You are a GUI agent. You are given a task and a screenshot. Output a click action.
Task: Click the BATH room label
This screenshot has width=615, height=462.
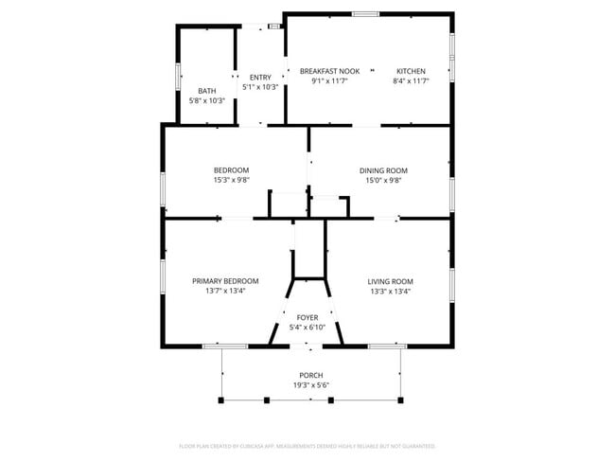[206, 91]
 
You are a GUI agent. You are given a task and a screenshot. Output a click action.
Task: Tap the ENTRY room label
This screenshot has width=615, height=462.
[260, 78]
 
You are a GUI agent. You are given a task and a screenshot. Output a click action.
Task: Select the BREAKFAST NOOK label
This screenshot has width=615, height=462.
[329, 72]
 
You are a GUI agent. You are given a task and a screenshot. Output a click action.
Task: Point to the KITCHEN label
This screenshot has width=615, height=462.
[411, 72]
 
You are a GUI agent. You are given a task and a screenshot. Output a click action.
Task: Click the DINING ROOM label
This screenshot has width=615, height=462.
[382, 170]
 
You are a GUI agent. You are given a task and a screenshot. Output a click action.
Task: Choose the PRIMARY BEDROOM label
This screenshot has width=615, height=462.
[225, 281]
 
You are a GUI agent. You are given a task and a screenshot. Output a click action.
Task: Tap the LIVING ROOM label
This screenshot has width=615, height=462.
[390, 281]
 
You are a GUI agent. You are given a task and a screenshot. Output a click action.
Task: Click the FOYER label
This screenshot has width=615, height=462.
[307, 317]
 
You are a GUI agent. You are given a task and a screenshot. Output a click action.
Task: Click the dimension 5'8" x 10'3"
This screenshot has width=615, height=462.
[206, 100]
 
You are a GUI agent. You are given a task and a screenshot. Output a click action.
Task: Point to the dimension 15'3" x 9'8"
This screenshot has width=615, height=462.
[231, 180]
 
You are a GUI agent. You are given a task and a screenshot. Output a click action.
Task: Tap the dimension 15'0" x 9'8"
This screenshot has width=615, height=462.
[382, 180]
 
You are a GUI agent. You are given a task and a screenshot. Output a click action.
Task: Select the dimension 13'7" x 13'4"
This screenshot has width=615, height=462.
[225, 291]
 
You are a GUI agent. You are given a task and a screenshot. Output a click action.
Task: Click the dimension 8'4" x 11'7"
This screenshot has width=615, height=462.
[411, 81]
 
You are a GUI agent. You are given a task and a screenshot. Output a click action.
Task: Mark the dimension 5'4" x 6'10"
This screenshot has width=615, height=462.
[307, 327]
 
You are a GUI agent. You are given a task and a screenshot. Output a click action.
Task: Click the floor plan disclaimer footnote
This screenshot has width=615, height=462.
[307, 445]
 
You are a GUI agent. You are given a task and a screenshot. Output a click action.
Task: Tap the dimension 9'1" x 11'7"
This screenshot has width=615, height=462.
[329, 81]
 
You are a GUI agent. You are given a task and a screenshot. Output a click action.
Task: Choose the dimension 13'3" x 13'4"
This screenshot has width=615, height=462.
[390, 291]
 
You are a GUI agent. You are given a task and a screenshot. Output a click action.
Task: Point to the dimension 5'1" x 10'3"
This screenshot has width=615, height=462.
[260, 87]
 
